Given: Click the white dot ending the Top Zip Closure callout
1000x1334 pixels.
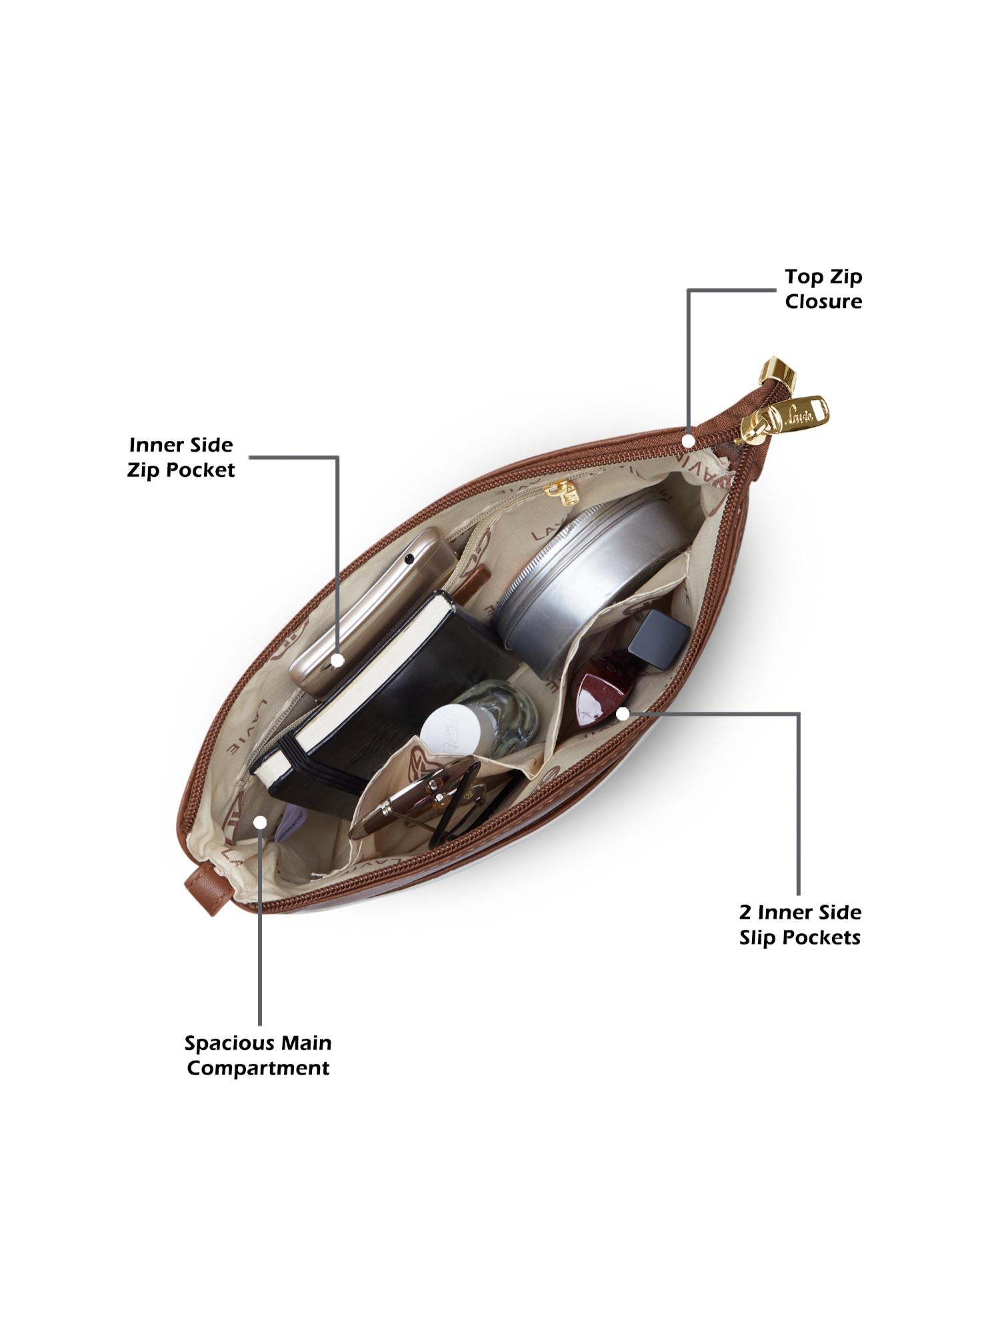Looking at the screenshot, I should click(688, 441).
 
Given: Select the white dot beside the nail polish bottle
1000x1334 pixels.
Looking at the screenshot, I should click(623, 714).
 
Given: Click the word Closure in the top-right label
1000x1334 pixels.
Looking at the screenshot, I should click(823, 301).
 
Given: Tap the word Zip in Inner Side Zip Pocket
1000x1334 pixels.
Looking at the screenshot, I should click(143, 470).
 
